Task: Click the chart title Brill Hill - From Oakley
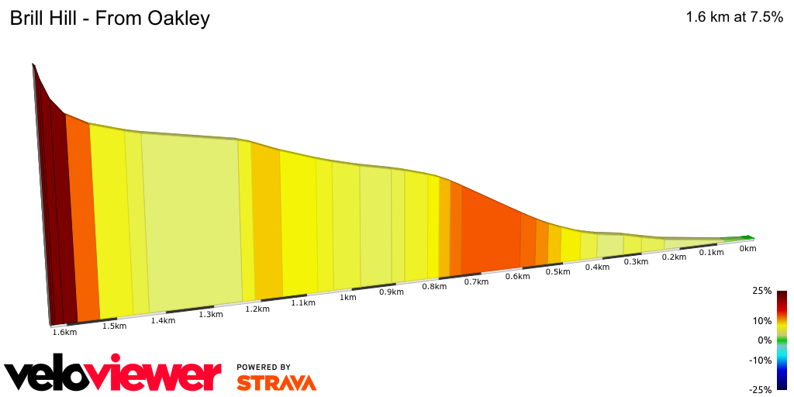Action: pyautogui.click(x=109, y=19)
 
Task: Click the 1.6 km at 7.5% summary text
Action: pyautogui.click(x=734, y=18)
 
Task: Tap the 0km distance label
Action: pyautogui.click(x=747, y=249)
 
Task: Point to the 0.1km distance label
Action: pyautogui.click(x=711, y=253)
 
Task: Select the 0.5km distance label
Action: pyautogui.click(x=554, y=271)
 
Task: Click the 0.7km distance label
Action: pyautogui.click(x=476, y=281)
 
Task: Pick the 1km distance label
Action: pyautogui.click(x=348, y=297)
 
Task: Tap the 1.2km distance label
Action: pyautogui.click(x=257, y=309)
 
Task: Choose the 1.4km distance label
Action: pyautogui.click(x=163, y=320)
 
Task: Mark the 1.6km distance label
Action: pyautogui.click(x=64, y=333)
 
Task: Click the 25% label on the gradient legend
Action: pyautogui.click(x=762, y=291)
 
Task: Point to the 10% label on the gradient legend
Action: pyautogui.click(x=762, y=320)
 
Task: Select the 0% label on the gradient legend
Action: pyautogui.click(x=765, y=340)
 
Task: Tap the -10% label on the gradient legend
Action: pyautogui.click(x=761, y=360)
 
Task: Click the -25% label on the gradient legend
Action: pyautogui.click(x=761, y=389)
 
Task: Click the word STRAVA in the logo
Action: pyautogui.click(x=276, y=383)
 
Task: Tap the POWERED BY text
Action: pyautogui.click(x=264, y=367)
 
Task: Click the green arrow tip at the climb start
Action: pyautogui.click(x=749, y=238)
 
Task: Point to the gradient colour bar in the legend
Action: pyautogui.click(x=782, y=340)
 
